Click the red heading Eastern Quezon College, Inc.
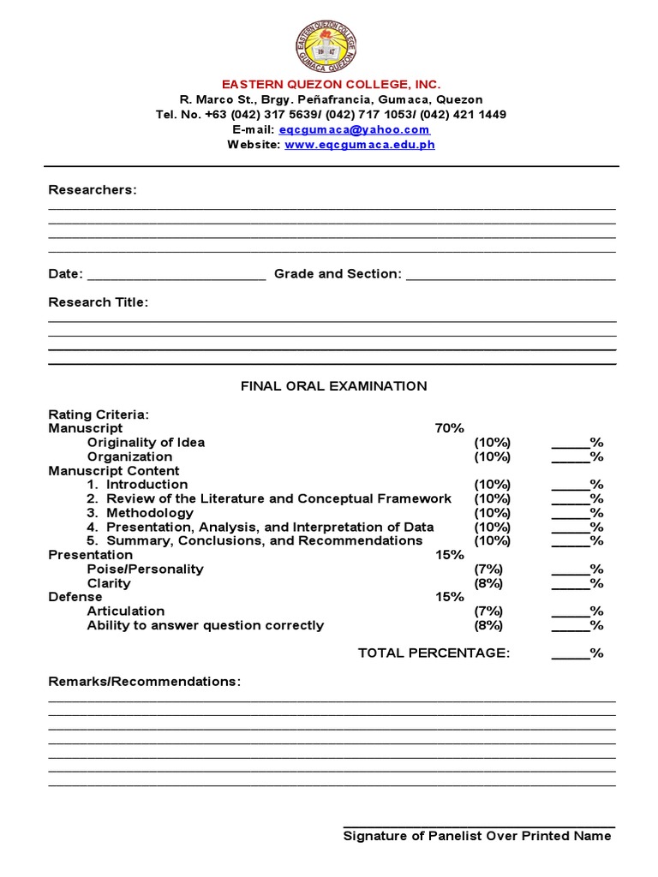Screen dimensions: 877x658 331,85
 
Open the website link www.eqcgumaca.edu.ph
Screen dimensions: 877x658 359,145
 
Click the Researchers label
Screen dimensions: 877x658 93,189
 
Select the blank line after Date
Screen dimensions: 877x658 176,276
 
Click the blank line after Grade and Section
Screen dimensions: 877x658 511,276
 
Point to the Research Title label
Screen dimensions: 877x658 99,302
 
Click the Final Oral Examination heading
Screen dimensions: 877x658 333,386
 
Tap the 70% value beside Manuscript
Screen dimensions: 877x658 449,428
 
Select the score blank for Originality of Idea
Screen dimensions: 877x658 570,444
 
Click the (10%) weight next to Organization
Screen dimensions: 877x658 493,456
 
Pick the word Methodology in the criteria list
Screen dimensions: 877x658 150,513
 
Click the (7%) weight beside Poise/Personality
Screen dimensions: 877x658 489,570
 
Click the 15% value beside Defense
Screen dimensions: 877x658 449,597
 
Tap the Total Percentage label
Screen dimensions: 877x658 434,653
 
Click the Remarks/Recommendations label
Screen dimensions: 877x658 145,682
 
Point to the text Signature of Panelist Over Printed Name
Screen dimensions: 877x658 477,836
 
